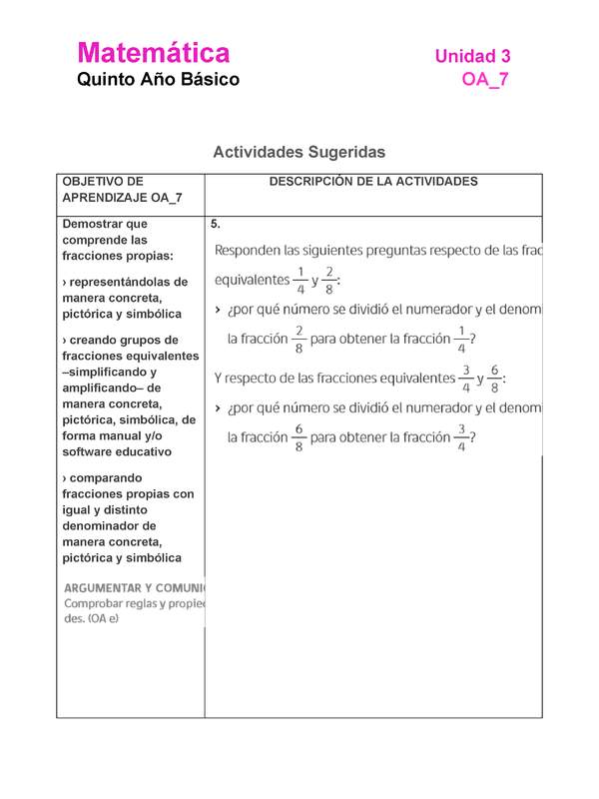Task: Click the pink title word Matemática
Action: point(153,53)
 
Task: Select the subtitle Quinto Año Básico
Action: point(158,80)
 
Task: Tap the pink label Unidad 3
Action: point(472,57)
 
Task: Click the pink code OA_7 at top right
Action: point(485,80)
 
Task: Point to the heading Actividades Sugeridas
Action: point(299,152)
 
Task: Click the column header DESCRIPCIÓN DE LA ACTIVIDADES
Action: point(373,182)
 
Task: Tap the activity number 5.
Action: point(216,224)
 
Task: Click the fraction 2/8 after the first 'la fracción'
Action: point(298,339)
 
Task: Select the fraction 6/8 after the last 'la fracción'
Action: point(298,436)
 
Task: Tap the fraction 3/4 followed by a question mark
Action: point(461,436)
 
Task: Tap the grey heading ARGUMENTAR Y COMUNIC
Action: point(135,587)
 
